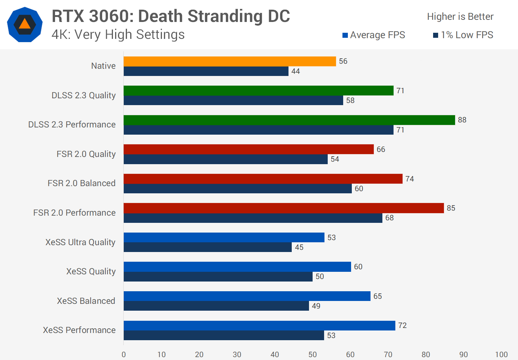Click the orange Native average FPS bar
(x=230, y=61)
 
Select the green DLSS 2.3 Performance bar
(x=289, y=120)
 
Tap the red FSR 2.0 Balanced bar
(x=263, y=179)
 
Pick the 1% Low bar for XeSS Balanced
(x=216, y=306)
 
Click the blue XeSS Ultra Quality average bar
(x=224, y=238)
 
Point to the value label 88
(x=462, y=120)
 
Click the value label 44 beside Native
(x=295, y=71)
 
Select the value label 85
(x=451, y=208)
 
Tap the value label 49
(x=316, y=306)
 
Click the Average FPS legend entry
(x=374, y=35)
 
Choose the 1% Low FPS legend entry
(x=463, y=35)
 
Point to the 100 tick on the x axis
(x=501, y=355)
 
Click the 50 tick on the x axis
(x=312, y=355)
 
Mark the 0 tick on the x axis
(x=124, y=355)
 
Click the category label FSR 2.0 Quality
(x=86, y=154)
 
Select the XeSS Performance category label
(x=79, y=330)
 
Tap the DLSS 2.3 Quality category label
(x=83, y=95)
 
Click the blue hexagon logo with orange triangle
(x=25, y=24)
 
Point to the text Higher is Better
(x=460, y=17)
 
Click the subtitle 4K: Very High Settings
(x=118, y=35)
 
